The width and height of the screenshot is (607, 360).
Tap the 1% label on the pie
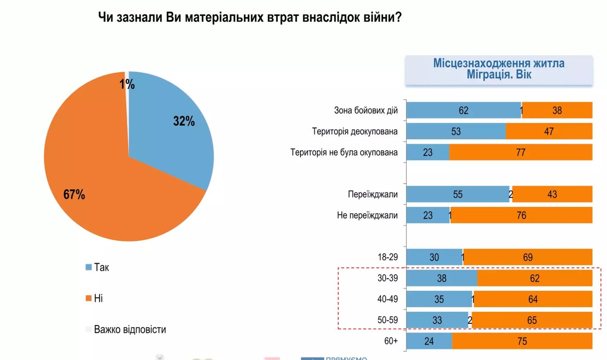(127, 84)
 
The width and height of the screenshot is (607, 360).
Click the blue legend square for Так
(89, 267)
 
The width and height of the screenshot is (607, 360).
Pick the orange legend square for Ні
(89, 298)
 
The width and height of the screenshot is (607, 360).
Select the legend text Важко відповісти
(130, 329)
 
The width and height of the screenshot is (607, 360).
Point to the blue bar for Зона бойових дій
(463, 110)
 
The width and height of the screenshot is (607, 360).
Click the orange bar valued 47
(549, 131)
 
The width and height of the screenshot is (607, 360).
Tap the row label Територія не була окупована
(344, 152)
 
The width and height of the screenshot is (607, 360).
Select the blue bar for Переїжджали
(458, 194)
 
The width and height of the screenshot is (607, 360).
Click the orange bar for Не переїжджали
(521, 215)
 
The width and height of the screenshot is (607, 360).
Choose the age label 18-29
(387, 257)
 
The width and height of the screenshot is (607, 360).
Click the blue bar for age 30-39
(442, 278)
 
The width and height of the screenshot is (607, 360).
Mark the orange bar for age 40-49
(533, 299)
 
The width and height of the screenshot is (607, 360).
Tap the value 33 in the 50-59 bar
(437, 320)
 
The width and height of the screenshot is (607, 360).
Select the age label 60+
(391, 341)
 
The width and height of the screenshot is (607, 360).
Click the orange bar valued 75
(522, 341)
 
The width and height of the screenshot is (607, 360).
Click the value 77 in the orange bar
(521, 152)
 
